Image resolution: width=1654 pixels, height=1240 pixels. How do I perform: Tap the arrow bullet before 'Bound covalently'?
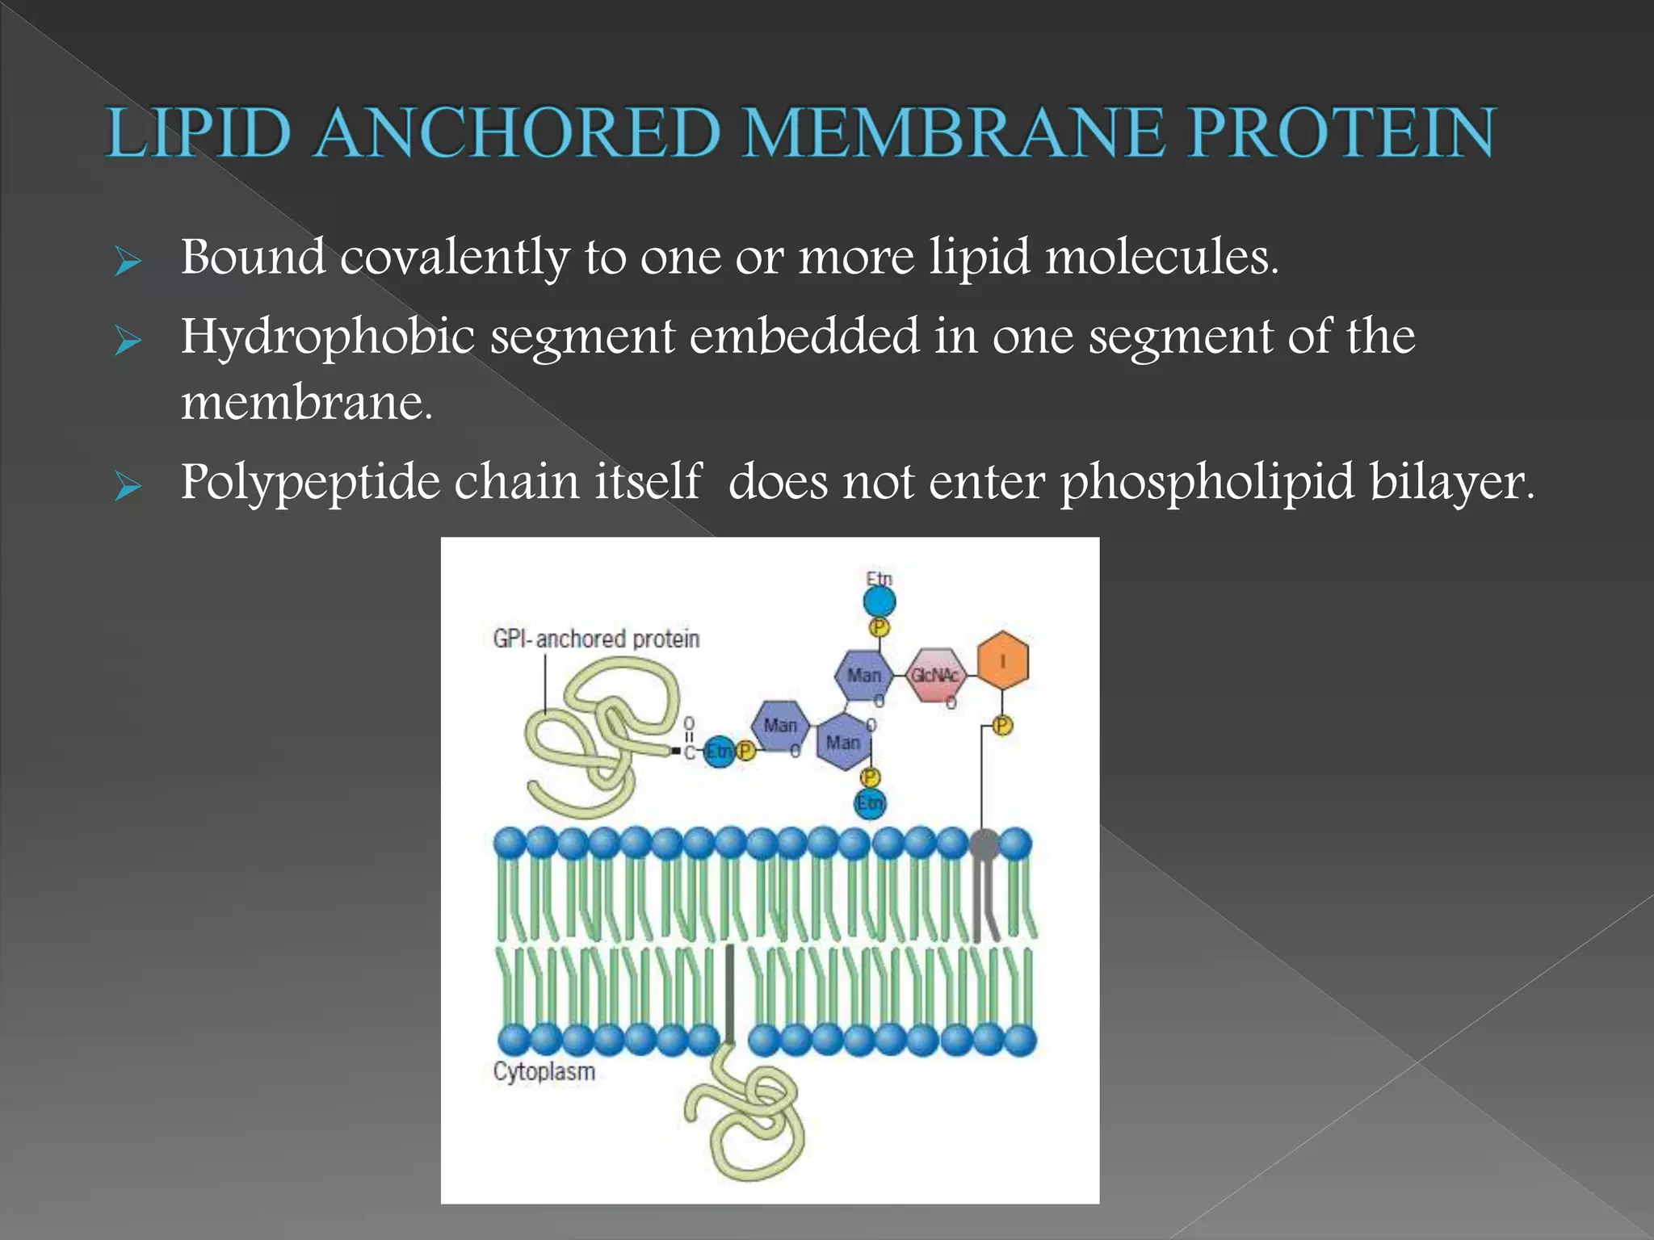tap(128, 262)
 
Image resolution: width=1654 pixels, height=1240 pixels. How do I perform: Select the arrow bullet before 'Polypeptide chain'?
tap(128, 487)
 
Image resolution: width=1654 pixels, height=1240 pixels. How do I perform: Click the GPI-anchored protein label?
tap(596, 639)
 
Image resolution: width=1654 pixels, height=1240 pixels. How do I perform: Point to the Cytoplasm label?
tap(544, 1071)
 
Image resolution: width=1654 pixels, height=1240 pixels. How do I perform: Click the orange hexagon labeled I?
tap(1002, 660)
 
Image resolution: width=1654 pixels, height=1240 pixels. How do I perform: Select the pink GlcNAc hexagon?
tap(935, 675)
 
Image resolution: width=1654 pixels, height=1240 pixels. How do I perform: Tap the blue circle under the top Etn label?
tap(879, 601)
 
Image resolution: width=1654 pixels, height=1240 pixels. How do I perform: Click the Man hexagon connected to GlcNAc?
tap(863, 675)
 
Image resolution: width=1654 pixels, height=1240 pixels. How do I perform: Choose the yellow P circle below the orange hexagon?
tap(1001, 726)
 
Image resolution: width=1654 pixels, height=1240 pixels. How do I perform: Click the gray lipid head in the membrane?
tap(984, 845)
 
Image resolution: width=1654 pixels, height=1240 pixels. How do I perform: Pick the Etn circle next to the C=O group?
tap(718, 752)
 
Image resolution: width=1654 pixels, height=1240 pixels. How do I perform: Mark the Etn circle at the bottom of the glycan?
tap(870, 803)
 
